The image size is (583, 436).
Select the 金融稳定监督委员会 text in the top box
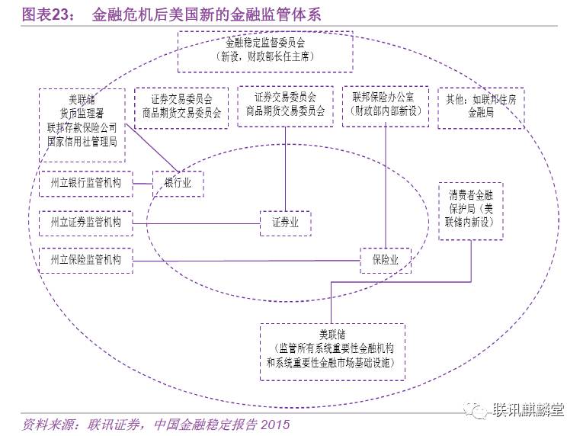[x=265, y=43]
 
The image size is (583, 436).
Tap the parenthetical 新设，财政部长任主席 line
[x=265, y=56]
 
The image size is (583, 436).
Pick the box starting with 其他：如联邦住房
[x=481, y=105]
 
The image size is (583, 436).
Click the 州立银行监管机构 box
[x=85, y=183]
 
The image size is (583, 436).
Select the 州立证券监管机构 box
[x=85, y=223]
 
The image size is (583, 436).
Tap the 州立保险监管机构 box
[x=85, y=261]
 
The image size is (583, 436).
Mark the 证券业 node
[x=285, y=223]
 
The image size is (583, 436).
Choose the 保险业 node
[x=386, y=261]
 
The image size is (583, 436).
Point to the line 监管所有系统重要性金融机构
[x=332, y=348]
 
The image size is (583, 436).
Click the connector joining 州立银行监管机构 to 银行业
[x=143, y=184]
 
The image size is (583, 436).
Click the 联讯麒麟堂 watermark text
[x=527, y=409]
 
